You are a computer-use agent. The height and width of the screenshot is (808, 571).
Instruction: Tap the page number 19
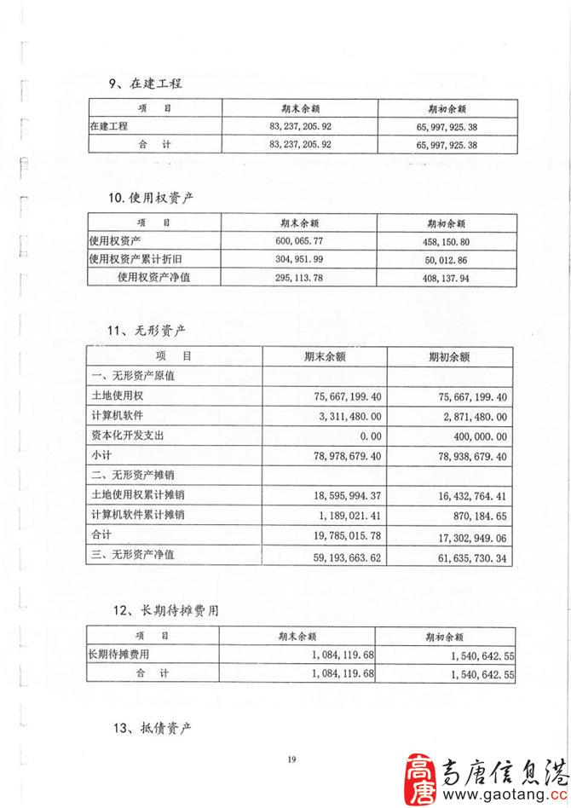pos(291,759)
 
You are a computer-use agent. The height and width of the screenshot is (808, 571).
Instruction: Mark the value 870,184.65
pos(473,516)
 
